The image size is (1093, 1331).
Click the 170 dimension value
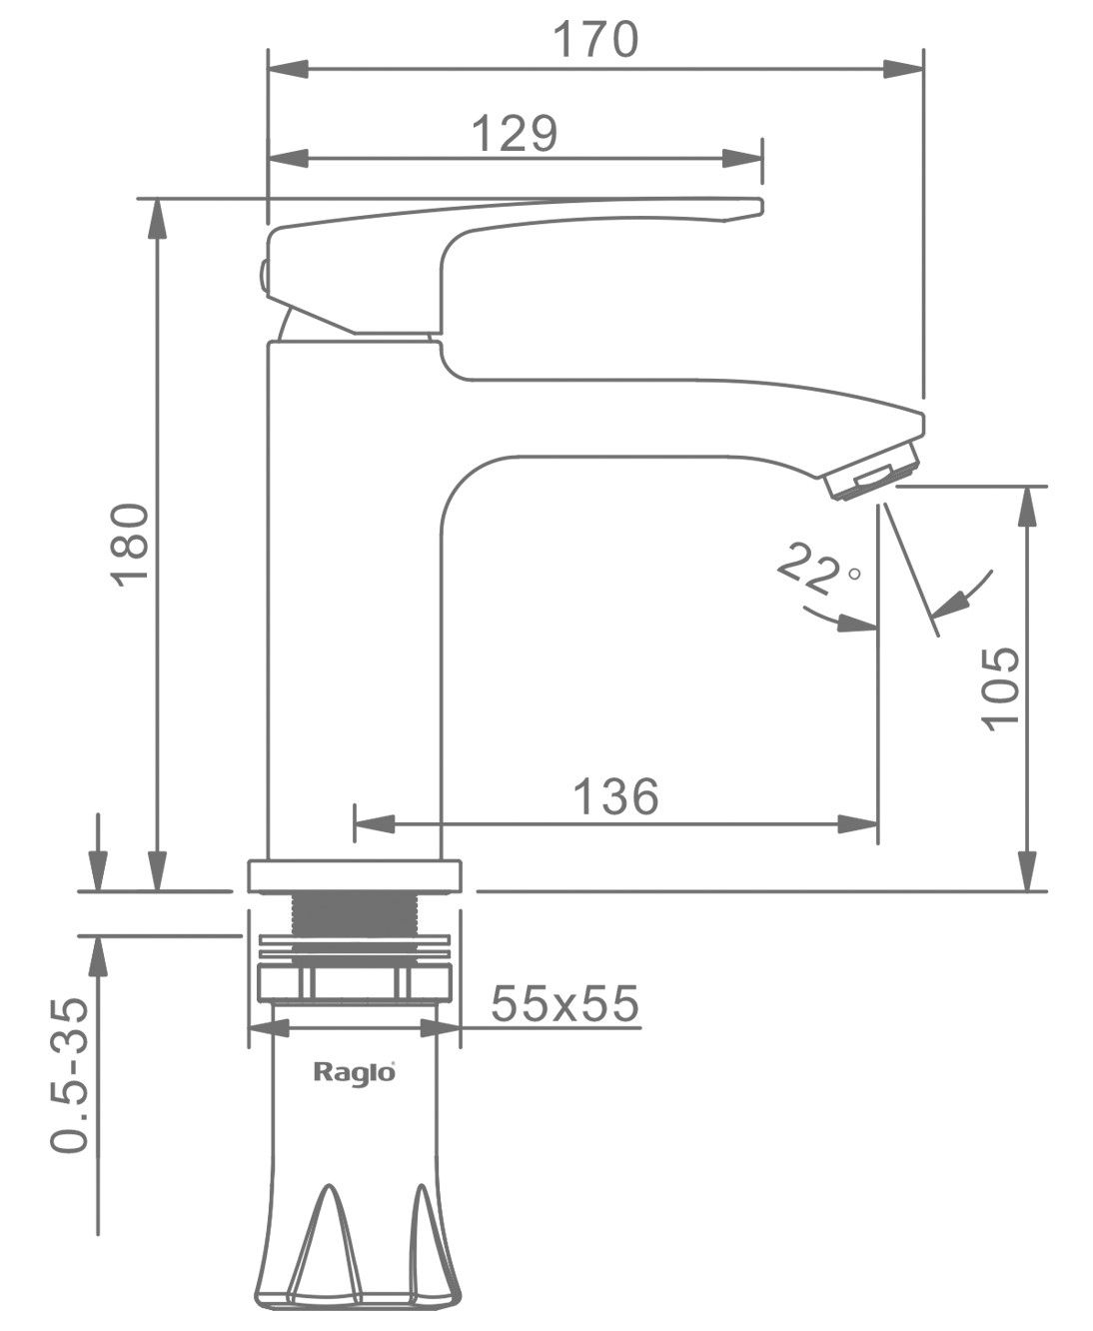coord(595,40)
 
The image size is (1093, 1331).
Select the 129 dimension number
coord(515,133)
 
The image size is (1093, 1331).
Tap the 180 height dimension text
coord(130,545)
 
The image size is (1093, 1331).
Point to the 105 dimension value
coord(1000,688)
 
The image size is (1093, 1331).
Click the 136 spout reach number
coord(615,796)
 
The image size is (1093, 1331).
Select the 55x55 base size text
coord(564,1003)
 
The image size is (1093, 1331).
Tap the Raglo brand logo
coord(355,1072)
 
